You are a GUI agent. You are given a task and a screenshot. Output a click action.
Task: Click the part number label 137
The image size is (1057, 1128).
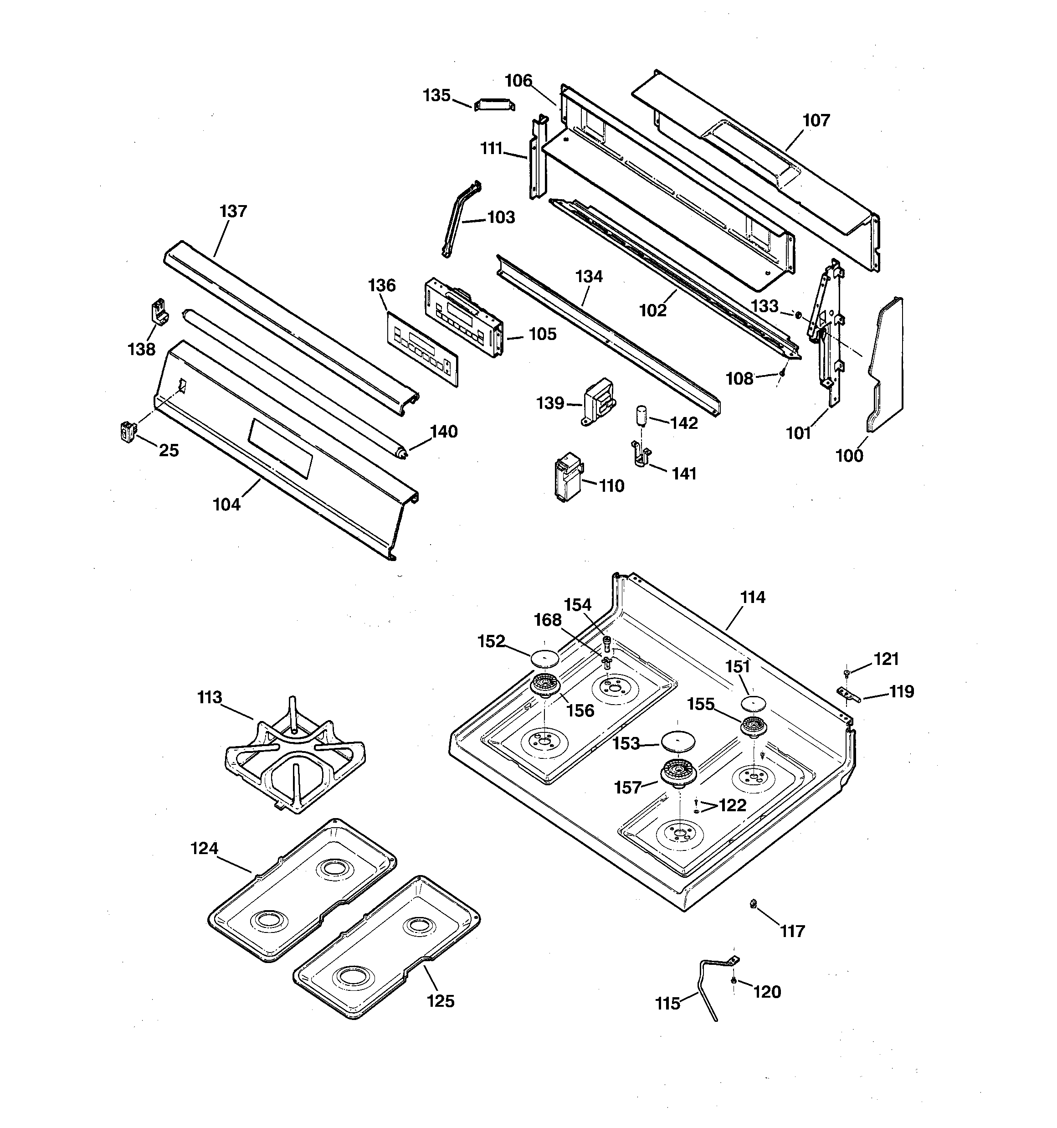[x=233, y=211]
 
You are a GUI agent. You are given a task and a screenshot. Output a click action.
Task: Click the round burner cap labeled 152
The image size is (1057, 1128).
[x=544, y=658]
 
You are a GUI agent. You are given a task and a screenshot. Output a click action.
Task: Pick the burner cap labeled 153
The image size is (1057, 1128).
[x=678, y=742]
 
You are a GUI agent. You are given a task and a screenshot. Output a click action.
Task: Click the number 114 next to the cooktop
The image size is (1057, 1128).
[x=752, y=597]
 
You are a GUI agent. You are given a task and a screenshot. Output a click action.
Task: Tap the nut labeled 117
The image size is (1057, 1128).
[x=754, y=903]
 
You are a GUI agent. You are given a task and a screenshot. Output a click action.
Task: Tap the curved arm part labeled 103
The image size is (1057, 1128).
[x=459, y=218]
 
